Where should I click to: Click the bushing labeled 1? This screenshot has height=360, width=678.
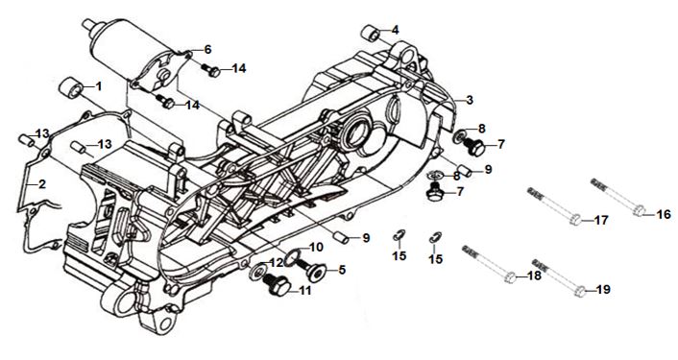pyautogui.click(x=71, y=88)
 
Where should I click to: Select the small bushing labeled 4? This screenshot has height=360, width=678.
pyautogui.click(x=371, y=34)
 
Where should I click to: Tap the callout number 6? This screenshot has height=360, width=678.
pyautogui.click(x=208, y=50)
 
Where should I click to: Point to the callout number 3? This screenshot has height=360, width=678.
pyautogui.click(x=470, y=100)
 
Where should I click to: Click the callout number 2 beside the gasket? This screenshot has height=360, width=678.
pyautogui.click(x=41, y=184)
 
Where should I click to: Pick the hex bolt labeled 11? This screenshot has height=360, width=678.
pyautogui.click(x=277, y=285)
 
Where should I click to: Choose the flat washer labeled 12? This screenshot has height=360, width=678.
pyautogui.click(x=258, y=272)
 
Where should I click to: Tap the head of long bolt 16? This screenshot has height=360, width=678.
pyautogui.click(x=639, y=211)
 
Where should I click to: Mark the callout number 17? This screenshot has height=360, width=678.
pyautogui.click(x=600, y=221)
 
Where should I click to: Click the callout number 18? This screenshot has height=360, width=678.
pyautogui.click(x=535, y=276)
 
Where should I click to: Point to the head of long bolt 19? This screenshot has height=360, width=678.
pyautogui.click(x=581, y=292)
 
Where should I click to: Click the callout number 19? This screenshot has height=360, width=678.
pyautogui.click(x=603, y=289)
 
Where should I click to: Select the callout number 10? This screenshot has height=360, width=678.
pyautogui.click(x=316, y=248)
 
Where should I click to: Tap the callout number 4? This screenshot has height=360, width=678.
pyautogui.click(x=396, y=31)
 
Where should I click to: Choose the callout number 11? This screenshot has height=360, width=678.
pyautogui.click(x=304, y=291)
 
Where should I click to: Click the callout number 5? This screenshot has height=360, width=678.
pyautogui.click(x=342, y=270)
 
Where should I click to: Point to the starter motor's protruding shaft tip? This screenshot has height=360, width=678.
pyautogui.click(x=87, y=24)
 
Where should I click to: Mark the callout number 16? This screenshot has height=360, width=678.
pyautogui.click(x=664, y=214)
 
